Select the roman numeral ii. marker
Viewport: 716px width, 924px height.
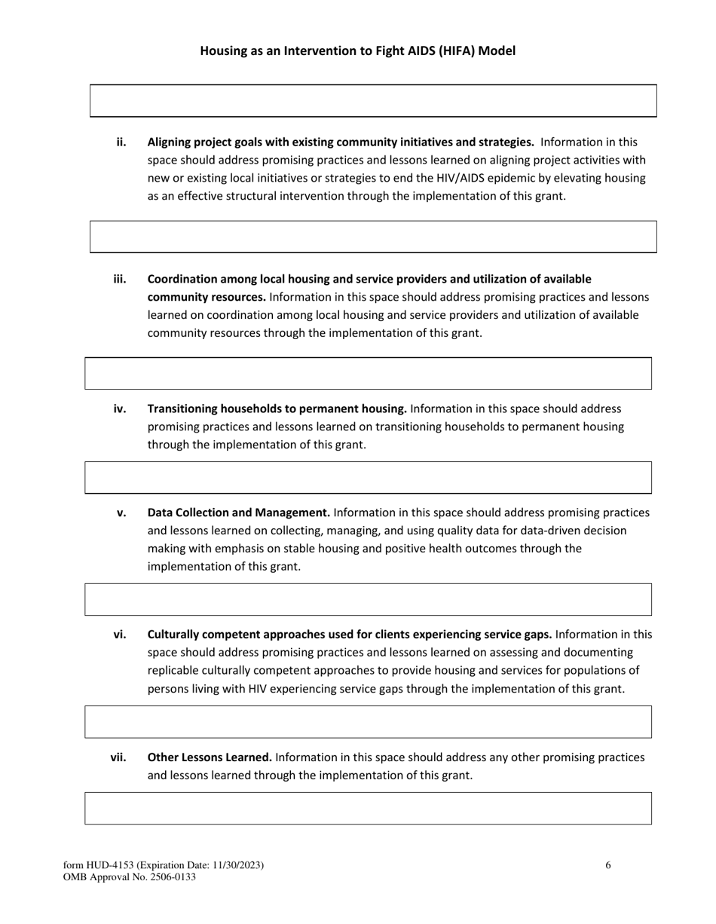(x=121, y=142)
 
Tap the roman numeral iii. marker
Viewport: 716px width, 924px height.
(x=120, y=279)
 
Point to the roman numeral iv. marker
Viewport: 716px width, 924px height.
(x=120, y=408)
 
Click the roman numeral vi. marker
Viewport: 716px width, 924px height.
(x=120, y=634)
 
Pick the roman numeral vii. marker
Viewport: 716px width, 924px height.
(x=118, y=757)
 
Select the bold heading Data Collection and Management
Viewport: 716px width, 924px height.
(x=238, y=512)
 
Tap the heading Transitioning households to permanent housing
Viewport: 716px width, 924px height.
(x=277, y=408)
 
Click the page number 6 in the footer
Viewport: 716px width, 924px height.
(x=608, y=865)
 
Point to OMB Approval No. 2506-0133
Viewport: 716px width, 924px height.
(x=130, y=877)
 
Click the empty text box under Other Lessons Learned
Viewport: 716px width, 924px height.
(x=368, y=808)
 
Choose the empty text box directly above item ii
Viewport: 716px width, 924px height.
(x=373, y=101)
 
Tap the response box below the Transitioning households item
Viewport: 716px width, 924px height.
(x=368, y=478)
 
